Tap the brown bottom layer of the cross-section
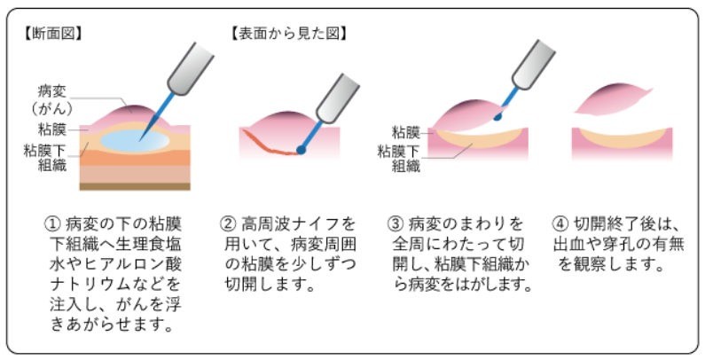(x=133, y=186)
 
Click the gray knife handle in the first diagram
(x=190, y=63)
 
